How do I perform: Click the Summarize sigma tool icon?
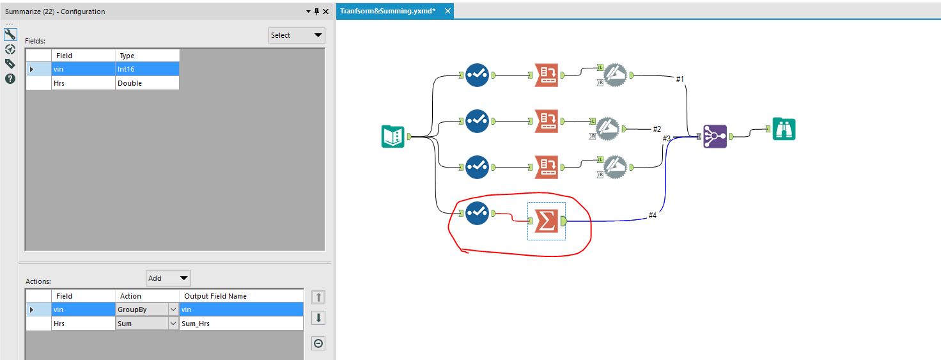pos(546,221)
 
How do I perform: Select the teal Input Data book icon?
pos(393,136)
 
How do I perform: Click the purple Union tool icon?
pos(715,136)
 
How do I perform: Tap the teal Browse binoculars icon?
pos(784,129)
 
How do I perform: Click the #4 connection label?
pos(652,215)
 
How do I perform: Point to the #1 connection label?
pos(680,79)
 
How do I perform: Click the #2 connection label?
pos(657,129)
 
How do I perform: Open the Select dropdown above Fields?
pos(297,35)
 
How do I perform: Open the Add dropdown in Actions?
pos(168,278)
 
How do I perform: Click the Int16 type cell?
pos(147,69)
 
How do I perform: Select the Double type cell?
pos(147,83)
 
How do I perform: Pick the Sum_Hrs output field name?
pos(240,324)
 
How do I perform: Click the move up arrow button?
pos(318,297)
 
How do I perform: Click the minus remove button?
pos(318,343)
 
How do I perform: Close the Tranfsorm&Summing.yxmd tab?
pos(447,11)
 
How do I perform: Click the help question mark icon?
pos(10,79)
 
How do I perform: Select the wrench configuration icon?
pos(10,35)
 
